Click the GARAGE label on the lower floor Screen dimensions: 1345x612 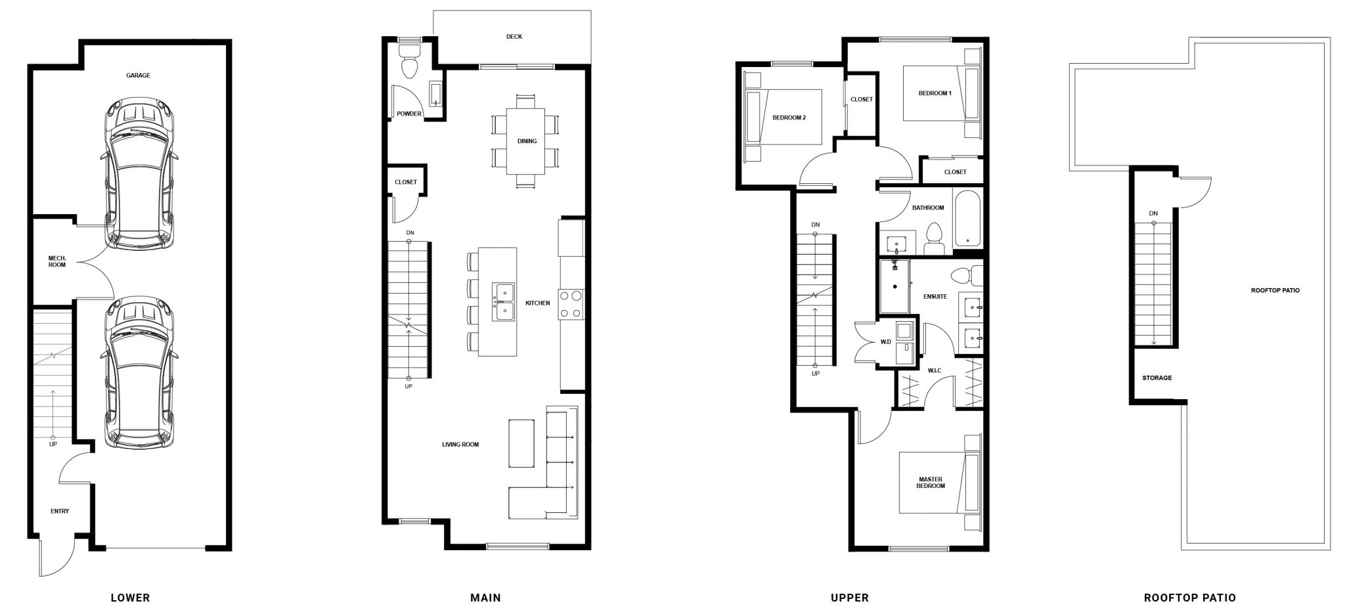(138, 76)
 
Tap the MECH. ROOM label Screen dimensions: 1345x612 (57, 261)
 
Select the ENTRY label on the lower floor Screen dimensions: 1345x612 (60, 511)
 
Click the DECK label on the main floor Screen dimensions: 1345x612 (514, 37)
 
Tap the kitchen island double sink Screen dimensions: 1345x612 (504, 303)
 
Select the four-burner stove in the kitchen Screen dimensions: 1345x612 (571, 305)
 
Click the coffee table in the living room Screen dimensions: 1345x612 (521, 443)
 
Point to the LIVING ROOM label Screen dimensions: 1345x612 (460, 445)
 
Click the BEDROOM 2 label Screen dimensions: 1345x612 (789, 118)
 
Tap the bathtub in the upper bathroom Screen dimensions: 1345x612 (968, 218)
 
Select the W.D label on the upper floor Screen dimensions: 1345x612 (886, 341)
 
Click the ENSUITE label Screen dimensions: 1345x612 (935, 297)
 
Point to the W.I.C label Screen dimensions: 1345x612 (935, 371)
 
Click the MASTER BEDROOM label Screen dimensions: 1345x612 (931, 483)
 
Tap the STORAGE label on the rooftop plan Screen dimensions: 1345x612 (1157, 378)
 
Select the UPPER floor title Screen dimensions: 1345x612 (850, 598)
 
